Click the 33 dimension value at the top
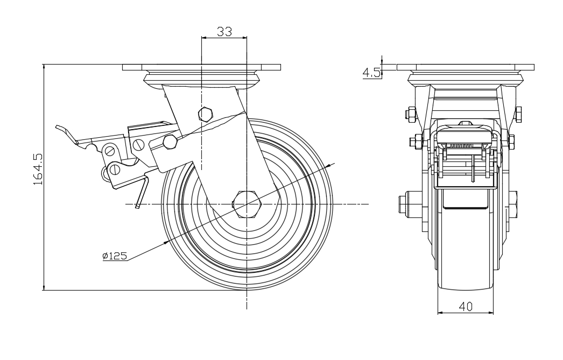tap(224, 31)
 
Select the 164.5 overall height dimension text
tap(38, 169)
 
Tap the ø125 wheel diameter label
tap(115, 256)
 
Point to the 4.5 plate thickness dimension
tap(371, 73)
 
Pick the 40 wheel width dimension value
tap(466, 307)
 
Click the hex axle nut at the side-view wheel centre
tap(247, 204)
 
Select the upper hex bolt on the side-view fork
tap(205, 114)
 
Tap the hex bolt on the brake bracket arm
tap(170, 141)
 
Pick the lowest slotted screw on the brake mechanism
tap(116, 169)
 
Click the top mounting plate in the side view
tap(201, 67)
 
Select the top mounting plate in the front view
tap(465, 67)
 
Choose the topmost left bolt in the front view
tap(410, 114)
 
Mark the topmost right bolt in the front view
tap(518, 114)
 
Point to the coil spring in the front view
tap(465, 145)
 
